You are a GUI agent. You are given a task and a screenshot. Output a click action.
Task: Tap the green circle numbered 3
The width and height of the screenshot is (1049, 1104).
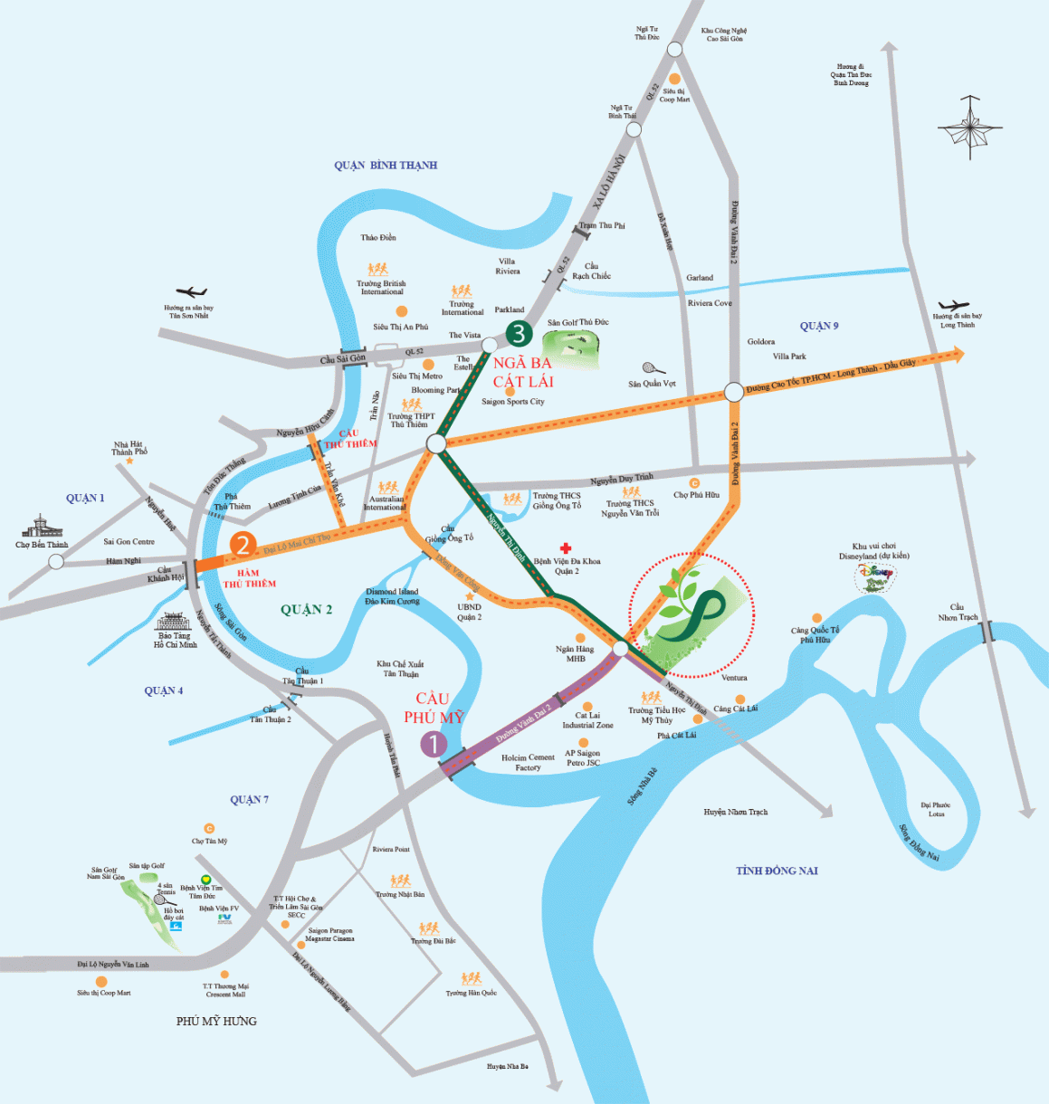(x=519, y=334)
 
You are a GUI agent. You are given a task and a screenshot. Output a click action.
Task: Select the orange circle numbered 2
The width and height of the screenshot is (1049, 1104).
(x=242, y=545)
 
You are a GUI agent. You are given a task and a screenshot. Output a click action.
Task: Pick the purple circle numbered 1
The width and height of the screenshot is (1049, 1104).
(x=434, y=744)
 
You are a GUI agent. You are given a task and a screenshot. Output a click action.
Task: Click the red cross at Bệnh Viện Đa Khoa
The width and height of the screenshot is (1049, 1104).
(x=566, y=548)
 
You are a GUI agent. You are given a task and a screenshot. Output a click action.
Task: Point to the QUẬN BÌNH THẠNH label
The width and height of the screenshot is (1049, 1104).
(x=386, y=166)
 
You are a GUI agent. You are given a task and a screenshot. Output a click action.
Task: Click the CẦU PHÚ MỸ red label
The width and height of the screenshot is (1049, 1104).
(x=434, y=708)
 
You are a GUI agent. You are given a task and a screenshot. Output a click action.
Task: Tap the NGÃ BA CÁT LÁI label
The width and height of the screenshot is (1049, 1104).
(x=523, y=372)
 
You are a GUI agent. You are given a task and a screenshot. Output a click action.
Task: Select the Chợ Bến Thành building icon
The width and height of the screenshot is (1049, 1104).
(x=42, y=527)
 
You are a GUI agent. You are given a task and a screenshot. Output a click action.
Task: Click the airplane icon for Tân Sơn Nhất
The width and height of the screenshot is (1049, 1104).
(x=191, y=292)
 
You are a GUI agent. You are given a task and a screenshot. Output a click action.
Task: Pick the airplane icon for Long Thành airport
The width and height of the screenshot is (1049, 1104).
(x=953, y=307)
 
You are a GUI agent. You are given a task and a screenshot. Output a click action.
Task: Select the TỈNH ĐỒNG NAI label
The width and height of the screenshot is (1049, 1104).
(x=777, y=871)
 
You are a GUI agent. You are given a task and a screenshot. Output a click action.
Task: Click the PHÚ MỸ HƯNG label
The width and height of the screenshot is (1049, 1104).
(x=216, y=1021)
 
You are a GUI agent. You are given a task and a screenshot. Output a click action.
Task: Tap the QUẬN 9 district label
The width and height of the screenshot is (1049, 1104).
(x=819, y=326)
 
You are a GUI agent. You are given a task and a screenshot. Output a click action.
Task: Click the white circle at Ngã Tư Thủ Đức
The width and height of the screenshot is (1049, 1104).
(x=674, y=50)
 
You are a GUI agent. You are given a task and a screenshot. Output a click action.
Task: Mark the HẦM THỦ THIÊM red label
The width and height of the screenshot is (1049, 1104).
(x=249, y=578)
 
